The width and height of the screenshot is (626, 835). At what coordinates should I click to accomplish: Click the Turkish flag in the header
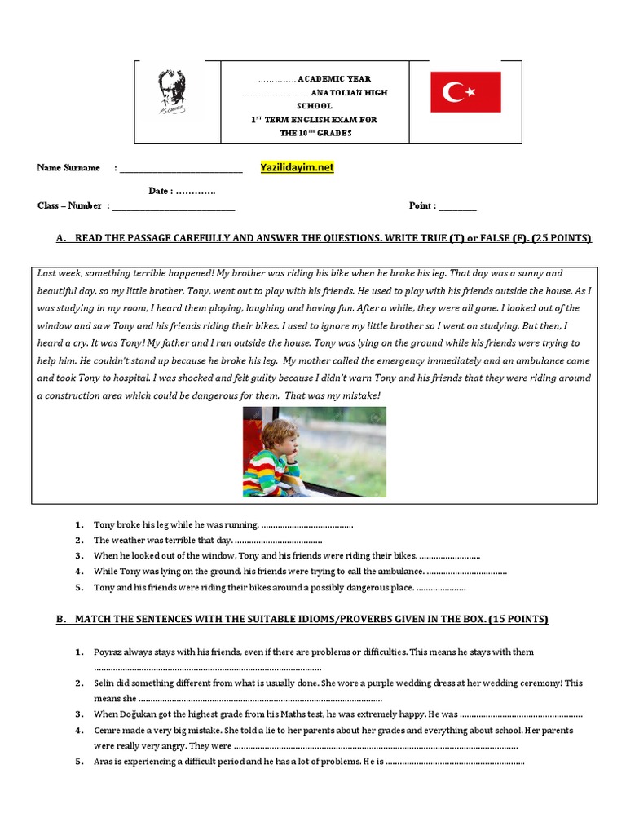465,91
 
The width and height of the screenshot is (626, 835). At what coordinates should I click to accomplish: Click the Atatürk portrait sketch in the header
172,92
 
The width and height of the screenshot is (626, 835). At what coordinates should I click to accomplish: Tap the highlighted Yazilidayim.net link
297,167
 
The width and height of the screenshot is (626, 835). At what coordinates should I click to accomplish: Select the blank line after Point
457,206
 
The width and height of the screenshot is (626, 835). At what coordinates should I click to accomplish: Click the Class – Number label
69,206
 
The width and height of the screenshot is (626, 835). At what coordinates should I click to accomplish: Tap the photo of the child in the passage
315,452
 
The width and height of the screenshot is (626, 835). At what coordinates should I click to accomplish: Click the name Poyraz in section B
109,652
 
